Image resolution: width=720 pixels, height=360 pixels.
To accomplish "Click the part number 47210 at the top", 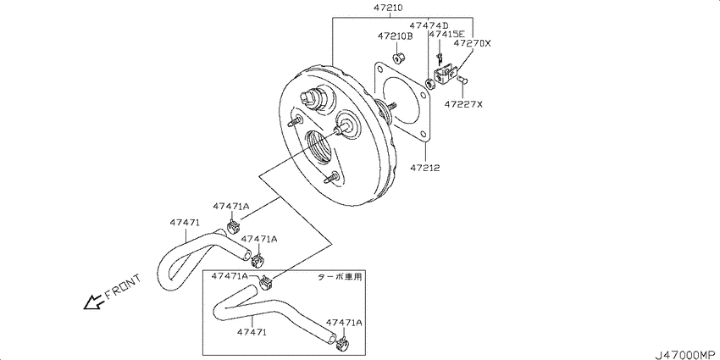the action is click(390, 8).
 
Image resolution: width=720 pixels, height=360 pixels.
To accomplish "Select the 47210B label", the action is click(396, 36).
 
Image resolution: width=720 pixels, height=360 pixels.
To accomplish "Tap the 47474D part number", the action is click(429, 25).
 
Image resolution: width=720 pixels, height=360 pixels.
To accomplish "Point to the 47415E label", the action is click(446, 34).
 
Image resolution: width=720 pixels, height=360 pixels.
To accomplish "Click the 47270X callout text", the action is click(473, 43).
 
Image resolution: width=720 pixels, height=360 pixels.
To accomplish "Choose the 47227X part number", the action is click(463, 104).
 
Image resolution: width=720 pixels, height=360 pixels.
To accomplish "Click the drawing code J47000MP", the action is click(686, 354).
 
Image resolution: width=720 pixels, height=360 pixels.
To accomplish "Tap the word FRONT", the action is click(122, 287).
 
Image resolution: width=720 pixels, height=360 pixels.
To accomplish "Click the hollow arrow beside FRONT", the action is click(93, 302).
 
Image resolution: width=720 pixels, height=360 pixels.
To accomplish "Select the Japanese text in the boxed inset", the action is click(341, 277).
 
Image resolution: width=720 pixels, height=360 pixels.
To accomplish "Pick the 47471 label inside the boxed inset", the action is click(252, 331).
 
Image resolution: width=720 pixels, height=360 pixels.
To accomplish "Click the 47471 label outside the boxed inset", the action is click(185, 222).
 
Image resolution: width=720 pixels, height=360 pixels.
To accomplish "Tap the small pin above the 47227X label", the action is click(462, 80).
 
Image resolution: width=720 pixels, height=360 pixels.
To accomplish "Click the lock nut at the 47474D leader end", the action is click(429, 84).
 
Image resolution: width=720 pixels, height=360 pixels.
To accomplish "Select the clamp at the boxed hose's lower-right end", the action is click(343, 342).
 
